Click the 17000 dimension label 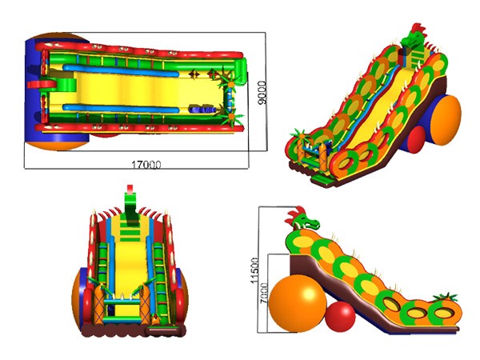pos(146,165)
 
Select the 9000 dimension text pos(262,93)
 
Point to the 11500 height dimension pos(254,270)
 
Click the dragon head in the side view pos(302,220)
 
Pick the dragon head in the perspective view pos(414,37)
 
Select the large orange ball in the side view pos(298,303)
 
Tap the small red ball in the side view pos(340,317)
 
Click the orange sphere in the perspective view pos(447,120)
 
